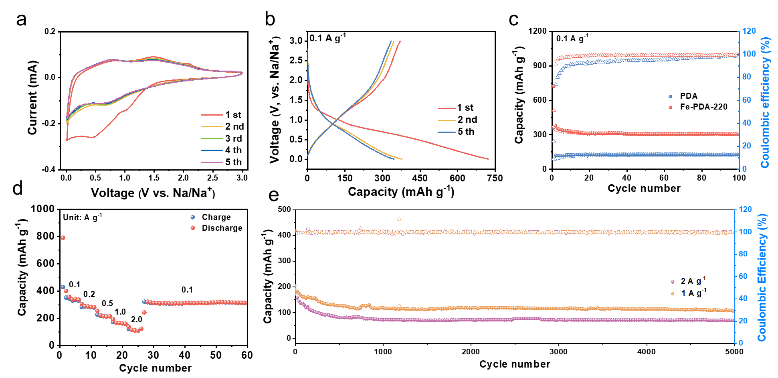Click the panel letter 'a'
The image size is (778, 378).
click(x=21, y=19)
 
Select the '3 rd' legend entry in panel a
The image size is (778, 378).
click(x=233, y=138)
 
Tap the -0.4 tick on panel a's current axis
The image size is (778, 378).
click(x=49, y=169)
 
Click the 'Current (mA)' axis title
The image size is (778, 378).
click(x=32, y=98)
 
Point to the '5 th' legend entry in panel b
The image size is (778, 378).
click(x=466, y=132)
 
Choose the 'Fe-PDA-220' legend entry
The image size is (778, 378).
click(x=703, y=107)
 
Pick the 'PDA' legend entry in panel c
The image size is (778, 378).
click(x=689, y=96)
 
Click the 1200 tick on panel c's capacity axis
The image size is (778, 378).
click(x=538, y=31)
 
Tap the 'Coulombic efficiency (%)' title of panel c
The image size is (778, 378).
click(x=765, y=102)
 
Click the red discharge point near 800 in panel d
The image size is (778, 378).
click(x=63, y=238)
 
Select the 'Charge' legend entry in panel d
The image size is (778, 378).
click(x=216, y=217)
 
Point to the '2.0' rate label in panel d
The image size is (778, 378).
click(x=137, y=319)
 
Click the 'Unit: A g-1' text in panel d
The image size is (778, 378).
click(x=83, y=217)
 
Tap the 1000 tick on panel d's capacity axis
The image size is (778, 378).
click(x=42, y=209)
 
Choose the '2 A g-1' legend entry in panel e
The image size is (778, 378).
click(x=693, y=281)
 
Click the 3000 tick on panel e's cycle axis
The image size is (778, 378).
click(x=558, y=352)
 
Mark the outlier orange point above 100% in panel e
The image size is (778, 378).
click(x=399, y=219)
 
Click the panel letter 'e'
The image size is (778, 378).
click(x=273, y=195)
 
